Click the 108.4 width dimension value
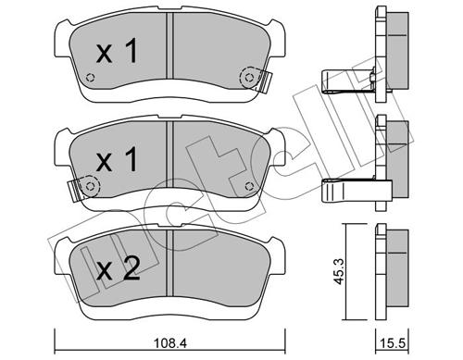[x=170, y=343]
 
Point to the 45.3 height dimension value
[x=339, y=272]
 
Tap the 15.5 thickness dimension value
[x=393, y=343]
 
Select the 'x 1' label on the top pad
[x=117, y=53]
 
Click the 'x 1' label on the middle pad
[x=117, y=159]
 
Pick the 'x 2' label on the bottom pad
[x=119, y=269]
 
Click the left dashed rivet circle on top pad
[x=90, y=78]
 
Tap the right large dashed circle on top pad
[x=250, y=77]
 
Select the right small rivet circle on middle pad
[x=249, y=186]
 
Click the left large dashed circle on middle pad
[x=90, y=186]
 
